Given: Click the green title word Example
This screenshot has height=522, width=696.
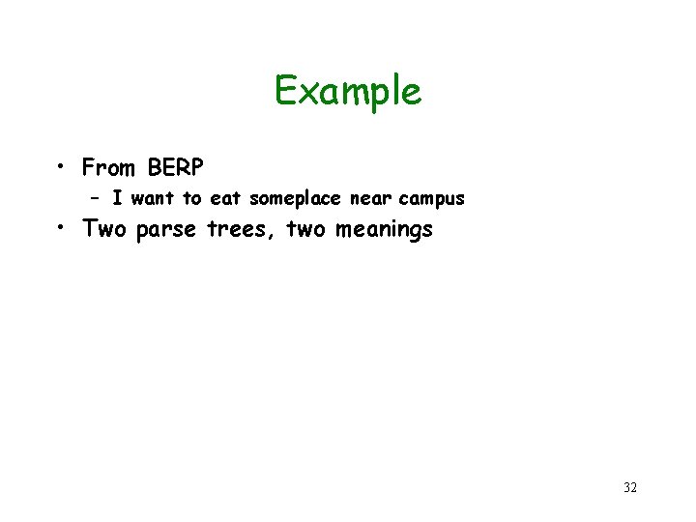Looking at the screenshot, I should [348, 92].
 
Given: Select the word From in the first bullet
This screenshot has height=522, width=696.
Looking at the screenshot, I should [109, 168].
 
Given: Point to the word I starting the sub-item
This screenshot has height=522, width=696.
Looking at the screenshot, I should [116, 199].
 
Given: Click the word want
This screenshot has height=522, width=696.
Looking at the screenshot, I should [153, 199].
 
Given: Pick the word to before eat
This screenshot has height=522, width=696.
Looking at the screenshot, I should [193, 199].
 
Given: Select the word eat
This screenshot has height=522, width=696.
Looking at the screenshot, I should [225, 199].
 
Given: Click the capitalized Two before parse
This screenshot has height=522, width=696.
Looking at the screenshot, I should [105, 230].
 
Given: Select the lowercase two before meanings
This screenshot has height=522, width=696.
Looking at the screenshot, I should [307, 230].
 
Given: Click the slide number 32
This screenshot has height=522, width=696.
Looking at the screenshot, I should [630, 487].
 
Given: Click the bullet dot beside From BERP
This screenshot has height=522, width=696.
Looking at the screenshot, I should [61, 166].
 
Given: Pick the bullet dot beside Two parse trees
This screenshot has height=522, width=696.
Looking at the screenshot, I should [61, 228].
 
